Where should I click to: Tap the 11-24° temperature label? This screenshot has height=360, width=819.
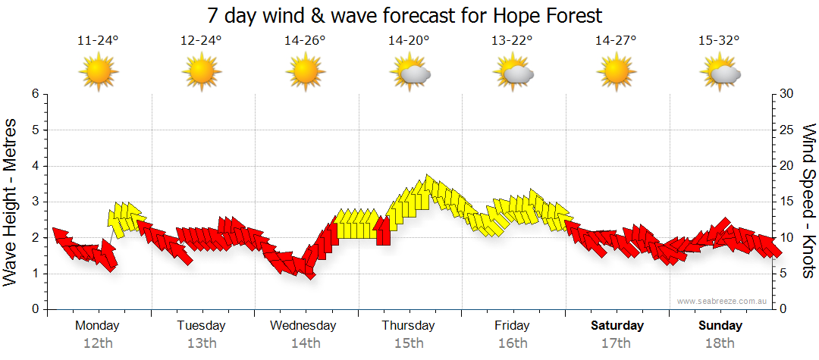point(98,41)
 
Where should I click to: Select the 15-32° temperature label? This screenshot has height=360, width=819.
point(719,41)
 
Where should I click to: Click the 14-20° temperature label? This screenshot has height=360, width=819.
point(409,41)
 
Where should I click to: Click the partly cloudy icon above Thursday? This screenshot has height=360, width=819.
point(410,73)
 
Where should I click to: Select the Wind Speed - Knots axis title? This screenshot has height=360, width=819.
point(808,201)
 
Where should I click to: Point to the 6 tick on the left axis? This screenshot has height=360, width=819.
point(34,94)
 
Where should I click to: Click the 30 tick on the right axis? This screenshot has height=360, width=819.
point(787,94)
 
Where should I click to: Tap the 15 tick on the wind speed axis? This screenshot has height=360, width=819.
point(786,202)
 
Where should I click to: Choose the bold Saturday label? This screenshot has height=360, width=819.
point(617,326)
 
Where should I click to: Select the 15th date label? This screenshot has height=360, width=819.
point(409,343)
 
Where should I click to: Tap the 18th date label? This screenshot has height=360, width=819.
point(720,343)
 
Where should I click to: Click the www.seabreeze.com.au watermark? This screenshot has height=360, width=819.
point(723,301)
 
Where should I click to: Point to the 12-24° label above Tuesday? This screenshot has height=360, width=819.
point(201,41)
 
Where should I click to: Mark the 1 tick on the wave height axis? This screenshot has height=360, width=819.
point(34,274)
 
